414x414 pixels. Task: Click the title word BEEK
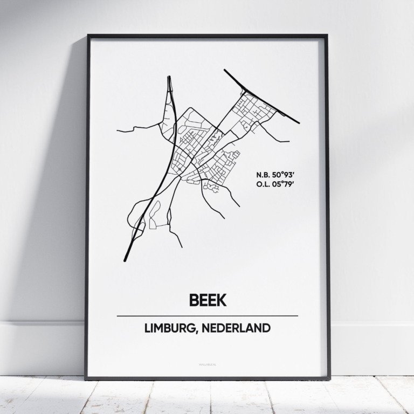coord(207,300)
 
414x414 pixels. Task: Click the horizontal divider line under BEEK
coord(207,315)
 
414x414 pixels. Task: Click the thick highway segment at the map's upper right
coord(261,97)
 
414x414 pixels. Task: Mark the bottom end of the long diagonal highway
coord(125,260)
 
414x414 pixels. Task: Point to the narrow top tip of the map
coord(169,78)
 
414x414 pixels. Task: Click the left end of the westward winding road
coord(118,130)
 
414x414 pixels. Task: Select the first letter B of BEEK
coord(194,300)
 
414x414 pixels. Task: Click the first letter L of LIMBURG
coord(147,328)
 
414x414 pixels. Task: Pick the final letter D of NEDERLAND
coord(266,328)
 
